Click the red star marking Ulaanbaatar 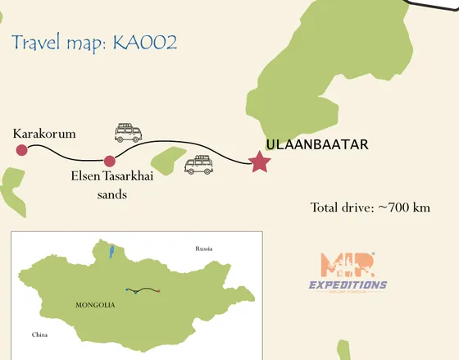(261, 162)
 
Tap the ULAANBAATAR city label (317, 145)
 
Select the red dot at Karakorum (21, 149)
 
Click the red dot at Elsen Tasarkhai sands (109, 161)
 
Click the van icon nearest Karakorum (127, 132)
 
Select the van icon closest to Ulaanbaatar (199, 165)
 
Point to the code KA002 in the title (148, 43)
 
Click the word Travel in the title (37, 43)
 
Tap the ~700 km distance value (403, 207)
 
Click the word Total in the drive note (327, 207)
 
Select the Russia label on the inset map (203, 248)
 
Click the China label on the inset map (39, 335)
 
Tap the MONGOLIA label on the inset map (95, 305)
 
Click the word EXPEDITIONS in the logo (348, 285)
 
